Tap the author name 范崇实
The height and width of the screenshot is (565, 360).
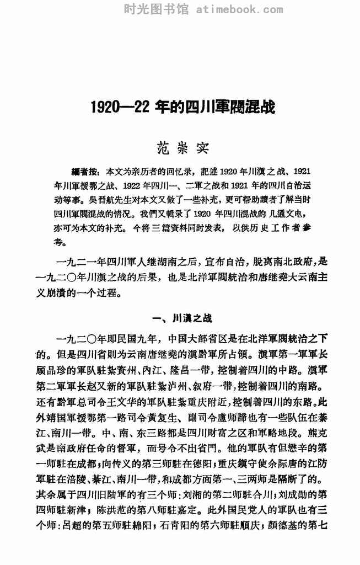[x=180, y=148]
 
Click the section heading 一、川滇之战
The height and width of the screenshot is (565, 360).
[x=180, y=318]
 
